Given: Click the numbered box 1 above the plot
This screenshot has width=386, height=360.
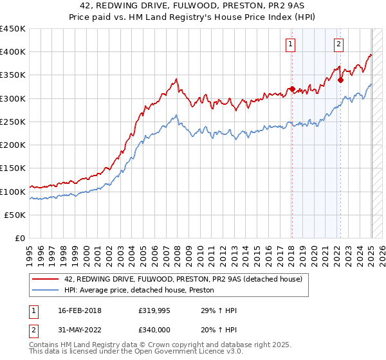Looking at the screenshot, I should coord(291,44).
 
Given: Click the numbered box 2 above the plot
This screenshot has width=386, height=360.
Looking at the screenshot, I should coord(338,44).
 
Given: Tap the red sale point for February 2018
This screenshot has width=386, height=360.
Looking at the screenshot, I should coord(292,89).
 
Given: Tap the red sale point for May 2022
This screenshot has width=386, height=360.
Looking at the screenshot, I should coord(340,80).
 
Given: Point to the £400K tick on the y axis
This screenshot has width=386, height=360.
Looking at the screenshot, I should coord(14,52).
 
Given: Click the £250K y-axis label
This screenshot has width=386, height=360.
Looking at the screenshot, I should coord(14,122).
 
